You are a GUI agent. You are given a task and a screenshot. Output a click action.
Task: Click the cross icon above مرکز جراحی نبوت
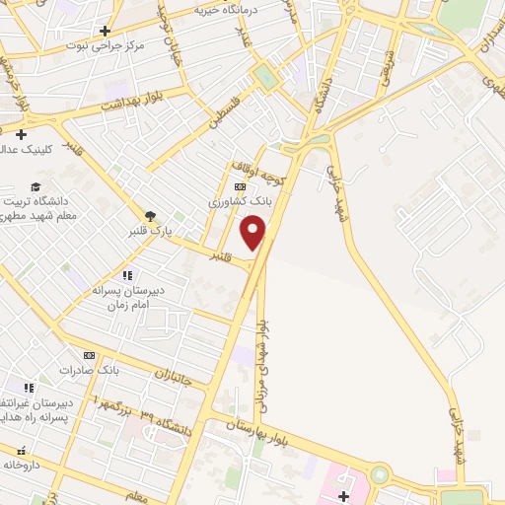click(x=106, y=31)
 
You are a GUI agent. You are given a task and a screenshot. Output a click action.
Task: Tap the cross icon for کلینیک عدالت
click(x=20, y=133)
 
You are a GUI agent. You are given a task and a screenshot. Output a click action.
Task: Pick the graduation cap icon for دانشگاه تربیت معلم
click(x=36, y=187)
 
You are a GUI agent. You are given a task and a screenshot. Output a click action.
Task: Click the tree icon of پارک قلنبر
click(x=150, y=216)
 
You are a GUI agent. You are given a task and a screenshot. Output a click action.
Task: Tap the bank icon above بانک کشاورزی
click(x=240, y=185)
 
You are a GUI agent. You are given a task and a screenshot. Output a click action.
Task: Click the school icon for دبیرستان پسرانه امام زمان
click(x=126, y=275)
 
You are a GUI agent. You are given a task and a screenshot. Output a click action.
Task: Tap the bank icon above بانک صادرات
click(x=89, y=355)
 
